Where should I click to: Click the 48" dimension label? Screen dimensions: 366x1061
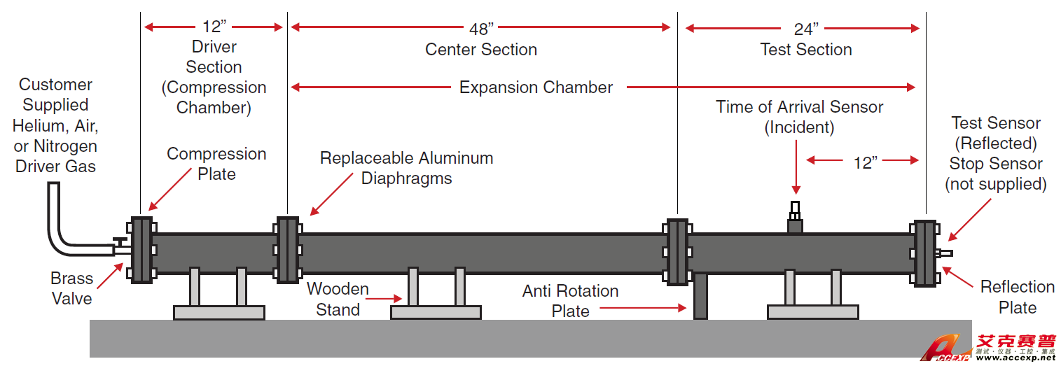click(x=481, y=28)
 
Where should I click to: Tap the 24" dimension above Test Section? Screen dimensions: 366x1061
click(x=805, y=29)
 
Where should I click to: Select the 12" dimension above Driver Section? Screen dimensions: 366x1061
click(x=214, y=27)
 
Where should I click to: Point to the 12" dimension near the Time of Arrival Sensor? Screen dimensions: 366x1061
click(x=865, y=162)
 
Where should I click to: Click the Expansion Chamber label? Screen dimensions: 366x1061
click(x=536, y=87)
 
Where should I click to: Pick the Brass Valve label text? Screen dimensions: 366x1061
click(x=71, y=288)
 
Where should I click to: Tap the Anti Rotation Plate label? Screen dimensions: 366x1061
click(x=570, y=301)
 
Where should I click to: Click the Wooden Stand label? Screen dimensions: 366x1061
click(x=338, y=299)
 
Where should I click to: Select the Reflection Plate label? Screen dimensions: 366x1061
click(x=1017, y=297)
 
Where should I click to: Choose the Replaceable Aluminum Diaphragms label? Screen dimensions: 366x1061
click(x=406, y=168)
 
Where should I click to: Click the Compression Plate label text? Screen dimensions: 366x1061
click(x=216, y=164)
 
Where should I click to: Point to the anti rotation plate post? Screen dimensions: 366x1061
click(x=700, y=297)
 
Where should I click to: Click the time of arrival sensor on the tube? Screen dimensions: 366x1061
click(x=795, y=218)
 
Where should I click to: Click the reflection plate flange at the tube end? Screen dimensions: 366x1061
click(x=924, y=253)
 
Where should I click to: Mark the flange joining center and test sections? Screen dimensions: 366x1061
click(x=677, y=251)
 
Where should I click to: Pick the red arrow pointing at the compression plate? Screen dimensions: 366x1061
click(x=166, y=192)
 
